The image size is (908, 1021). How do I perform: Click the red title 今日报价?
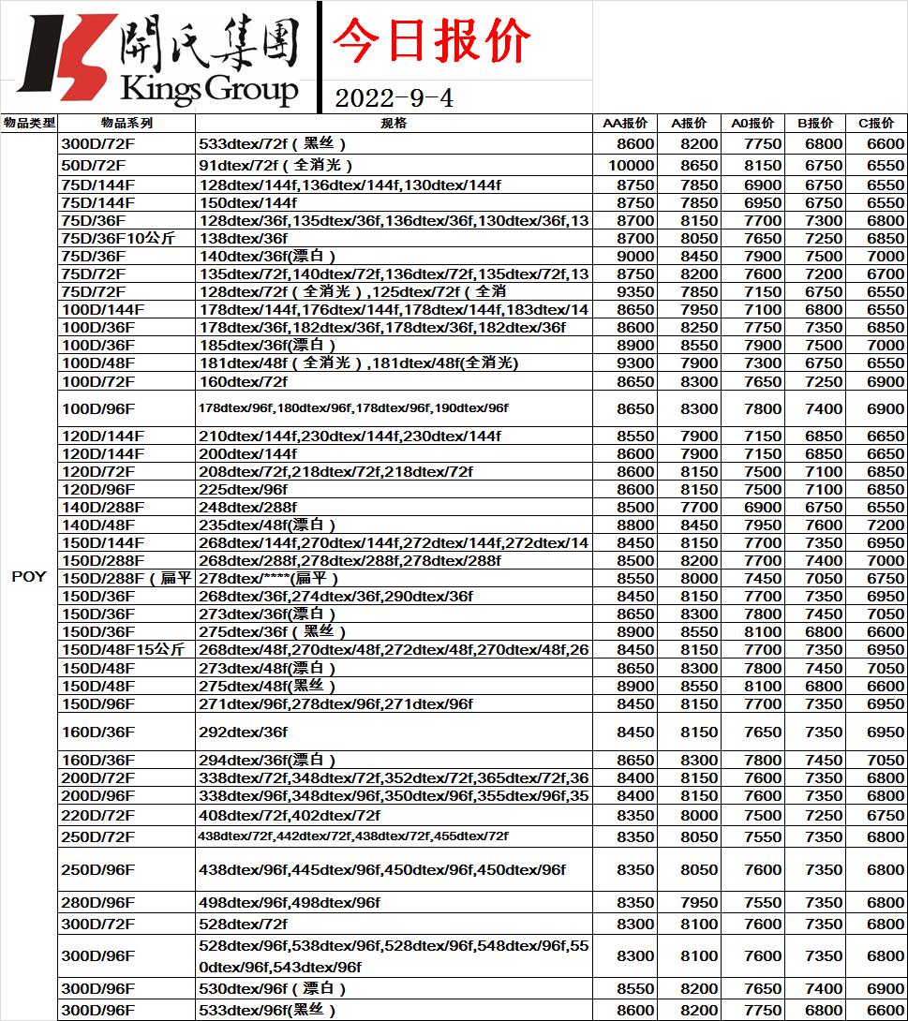[432, 41]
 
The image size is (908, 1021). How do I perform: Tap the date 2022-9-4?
[394, 97]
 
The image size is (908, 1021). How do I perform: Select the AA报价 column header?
[624, 124]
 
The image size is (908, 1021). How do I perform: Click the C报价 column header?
[875, 124]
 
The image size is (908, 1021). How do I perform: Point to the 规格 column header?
[394, 124]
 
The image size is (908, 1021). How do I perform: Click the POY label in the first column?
[29, 577]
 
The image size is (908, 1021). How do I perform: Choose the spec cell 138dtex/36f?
[243, 239]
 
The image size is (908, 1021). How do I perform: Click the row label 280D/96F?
[97, 903]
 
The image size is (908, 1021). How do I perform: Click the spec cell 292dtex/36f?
[243, 732]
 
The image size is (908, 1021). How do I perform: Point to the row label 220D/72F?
[97, 816]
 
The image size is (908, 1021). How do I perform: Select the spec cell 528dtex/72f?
[243, 925]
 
